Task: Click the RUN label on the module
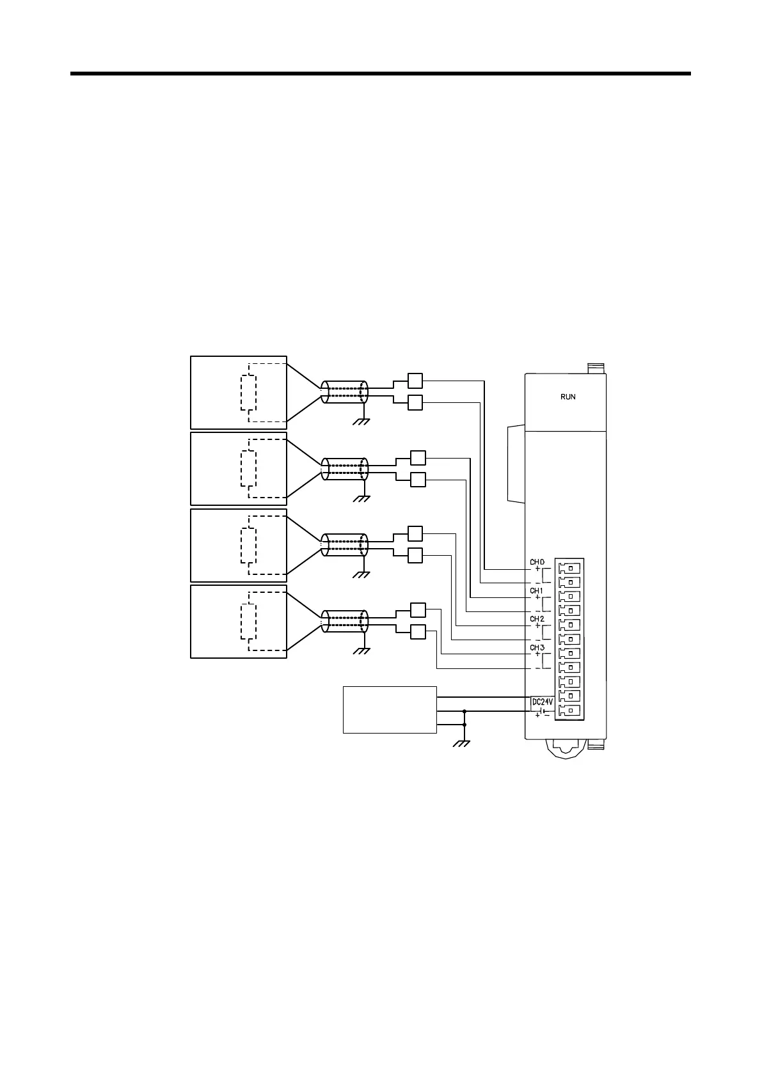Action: pyautogui.click(x=568, y=397)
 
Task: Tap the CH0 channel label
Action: pyautogui.click(x=537, y=562)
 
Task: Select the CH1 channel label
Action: pyautogui.click(x=536, y=591)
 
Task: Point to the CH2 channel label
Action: pyautogui.click(x=537, y=619)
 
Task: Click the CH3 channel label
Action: pyautogui.click(x=537, y=648)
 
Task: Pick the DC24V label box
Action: pyautogui.click(x=542, y=702)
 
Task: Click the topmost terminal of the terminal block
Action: pyautogui.click(x=569, y=568)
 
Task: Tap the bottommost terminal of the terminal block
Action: pyautogui.click(x=569, y=710)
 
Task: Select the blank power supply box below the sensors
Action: pyautogui.click(x=390, y=710)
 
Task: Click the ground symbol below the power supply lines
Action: pyautogui.click(x=461, y=743)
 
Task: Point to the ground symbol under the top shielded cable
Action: pyautogui.click(x=363, y=421)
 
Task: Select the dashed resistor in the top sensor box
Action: pyautogui.click(x=248, y=393)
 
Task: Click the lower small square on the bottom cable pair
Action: pyautogui.click(x=417, y=632)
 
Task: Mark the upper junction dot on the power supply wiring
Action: pyautogui.click(x=464, y=711)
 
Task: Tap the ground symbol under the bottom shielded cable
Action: pyautogui.click(x=363, y=650)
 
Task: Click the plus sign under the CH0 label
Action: pyautogui.click(x=537, y=569)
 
